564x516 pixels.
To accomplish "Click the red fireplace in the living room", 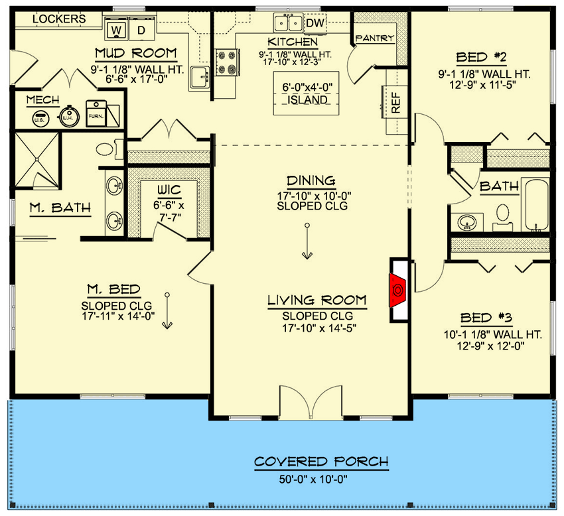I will pos(397,290).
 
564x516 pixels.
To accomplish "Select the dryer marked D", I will pos(141,30).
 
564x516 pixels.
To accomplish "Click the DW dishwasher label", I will pos(315,23).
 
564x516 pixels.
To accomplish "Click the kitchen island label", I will pos(306,94).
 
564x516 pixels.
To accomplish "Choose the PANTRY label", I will pos(375,38).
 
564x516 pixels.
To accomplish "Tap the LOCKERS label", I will pos(59,19).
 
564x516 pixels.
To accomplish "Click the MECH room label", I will pos(42,100).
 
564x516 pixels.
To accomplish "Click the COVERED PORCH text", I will pos(321,462).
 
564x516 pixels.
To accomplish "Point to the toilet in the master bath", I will pos(106,149).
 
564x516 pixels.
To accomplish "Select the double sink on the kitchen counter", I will pos(287,24).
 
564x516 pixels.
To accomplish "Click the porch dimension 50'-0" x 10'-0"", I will pos(321,478).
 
